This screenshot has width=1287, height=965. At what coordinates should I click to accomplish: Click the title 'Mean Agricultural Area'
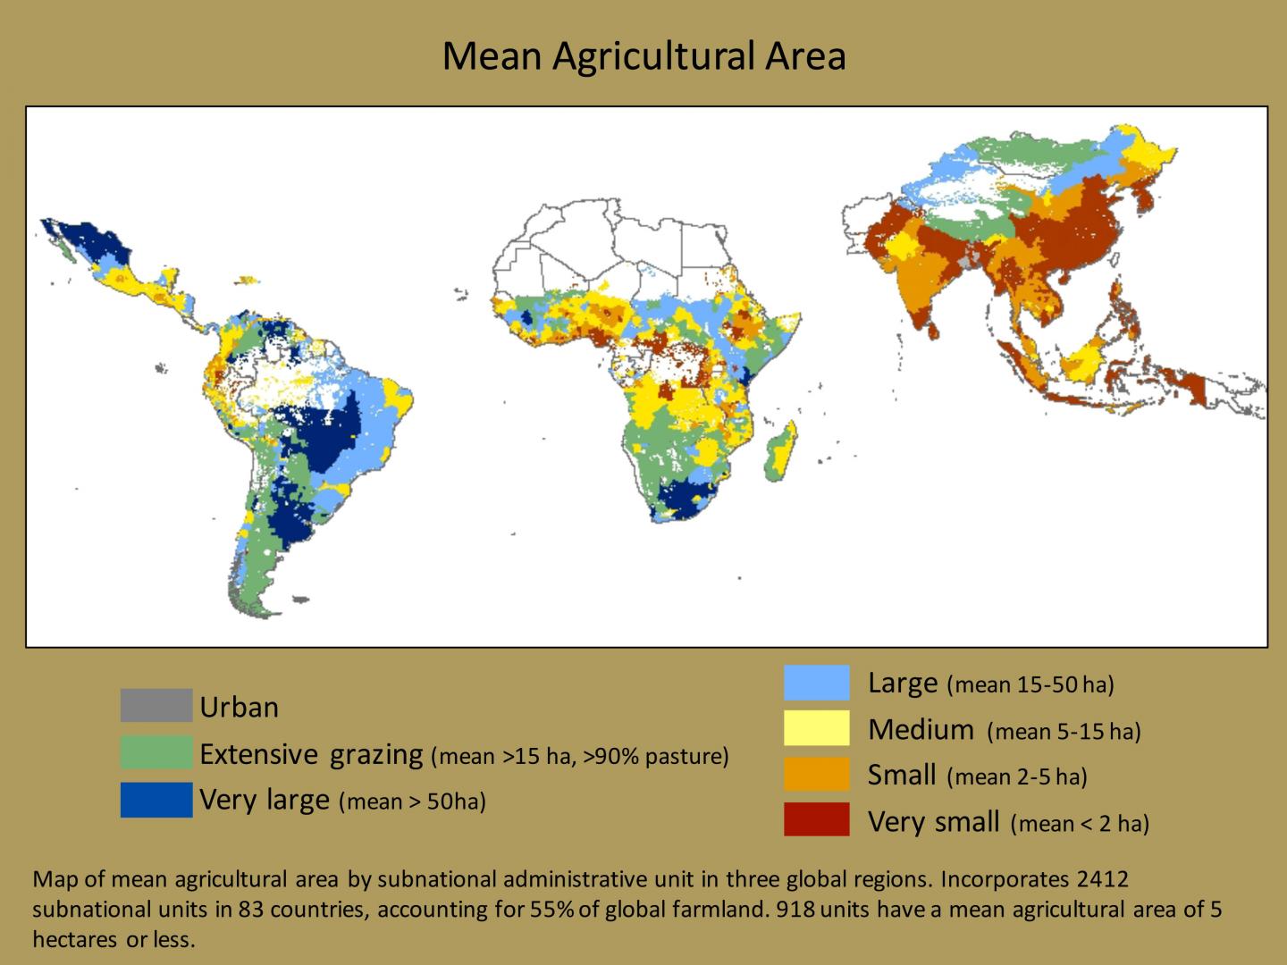click(643, 55)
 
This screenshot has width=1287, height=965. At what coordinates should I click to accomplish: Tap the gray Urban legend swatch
click(156, 706)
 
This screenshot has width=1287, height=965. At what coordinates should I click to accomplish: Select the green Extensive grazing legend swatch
click(156, 753)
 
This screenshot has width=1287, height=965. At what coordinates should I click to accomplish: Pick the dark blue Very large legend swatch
click(156, 800)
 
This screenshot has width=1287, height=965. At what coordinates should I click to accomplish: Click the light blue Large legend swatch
click(816, 683)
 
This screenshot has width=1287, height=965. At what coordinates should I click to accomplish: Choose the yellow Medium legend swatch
click(816, 729)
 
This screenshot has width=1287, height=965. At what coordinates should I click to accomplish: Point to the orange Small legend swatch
click(816, 775)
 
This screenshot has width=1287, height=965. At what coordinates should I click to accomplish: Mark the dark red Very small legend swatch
click(816, 820)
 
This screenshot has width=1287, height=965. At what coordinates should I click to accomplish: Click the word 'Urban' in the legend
click(239, 708)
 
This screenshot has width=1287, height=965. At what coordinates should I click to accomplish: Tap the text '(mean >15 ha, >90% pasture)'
click(579, 756)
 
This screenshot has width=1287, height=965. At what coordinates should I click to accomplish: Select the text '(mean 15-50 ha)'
click(1030, 685)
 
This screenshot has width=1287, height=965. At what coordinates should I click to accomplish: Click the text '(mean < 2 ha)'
click(1080, 823)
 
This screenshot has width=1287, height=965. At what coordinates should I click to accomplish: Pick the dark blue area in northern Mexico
click(94, 241)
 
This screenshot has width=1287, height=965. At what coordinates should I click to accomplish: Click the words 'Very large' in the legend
click(265, 800)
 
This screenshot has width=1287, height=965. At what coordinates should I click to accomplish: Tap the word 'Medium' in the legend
click(921, 730)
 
